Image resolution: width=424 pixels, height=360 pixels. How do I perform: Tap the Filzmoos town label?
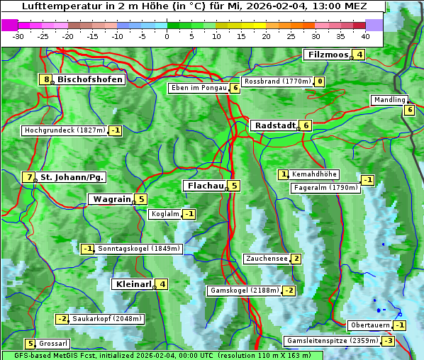[x=327, y=55]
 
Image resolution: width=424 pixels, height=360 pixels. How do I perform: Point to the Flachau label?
[x=205, y=186]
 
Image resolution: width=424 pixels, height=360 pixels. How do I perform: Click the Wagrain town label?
[x=111, y=200]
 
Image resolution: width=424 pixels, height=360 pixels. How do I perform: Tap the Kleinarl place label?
[x=133, y=284]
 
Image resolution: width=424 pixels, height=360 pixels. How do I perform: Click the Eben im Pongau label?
[x=198, y=88]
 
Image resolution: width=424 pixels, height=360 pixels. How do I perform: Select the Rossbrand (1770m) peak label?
[x=277, y=81]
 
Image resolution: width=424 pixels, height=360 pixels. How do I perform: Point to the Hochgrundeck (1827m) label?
[x=65, y=130]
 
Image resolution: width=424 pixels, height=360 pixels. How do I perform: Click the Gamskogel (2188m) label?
[x=244, y=291]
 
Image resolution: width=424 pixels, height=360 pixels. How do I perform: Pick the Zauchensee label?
[x=267, y=259]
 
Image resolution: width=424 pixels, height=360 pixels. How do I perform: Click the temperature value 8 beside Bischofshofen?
[x=47, y=80]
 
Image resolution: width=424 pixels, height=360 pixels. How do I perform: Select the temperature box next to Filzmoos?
[x=359, y=55]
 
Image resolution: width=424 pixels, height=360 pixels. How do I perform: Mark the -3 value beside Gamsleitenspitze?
[x=388, y=341]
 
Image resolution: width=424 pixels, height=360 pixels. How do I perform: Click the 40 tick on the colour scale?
[x=365, y=36]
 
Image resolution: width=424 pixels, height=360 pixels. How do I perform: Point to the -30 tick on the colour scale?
[x=18, y=36]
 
